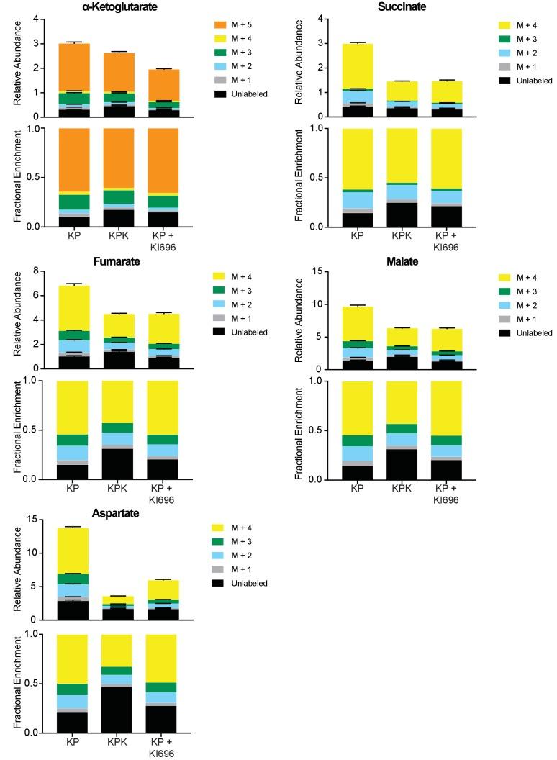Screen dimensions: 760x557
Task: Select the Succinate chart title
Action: (x=401, y=6)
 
